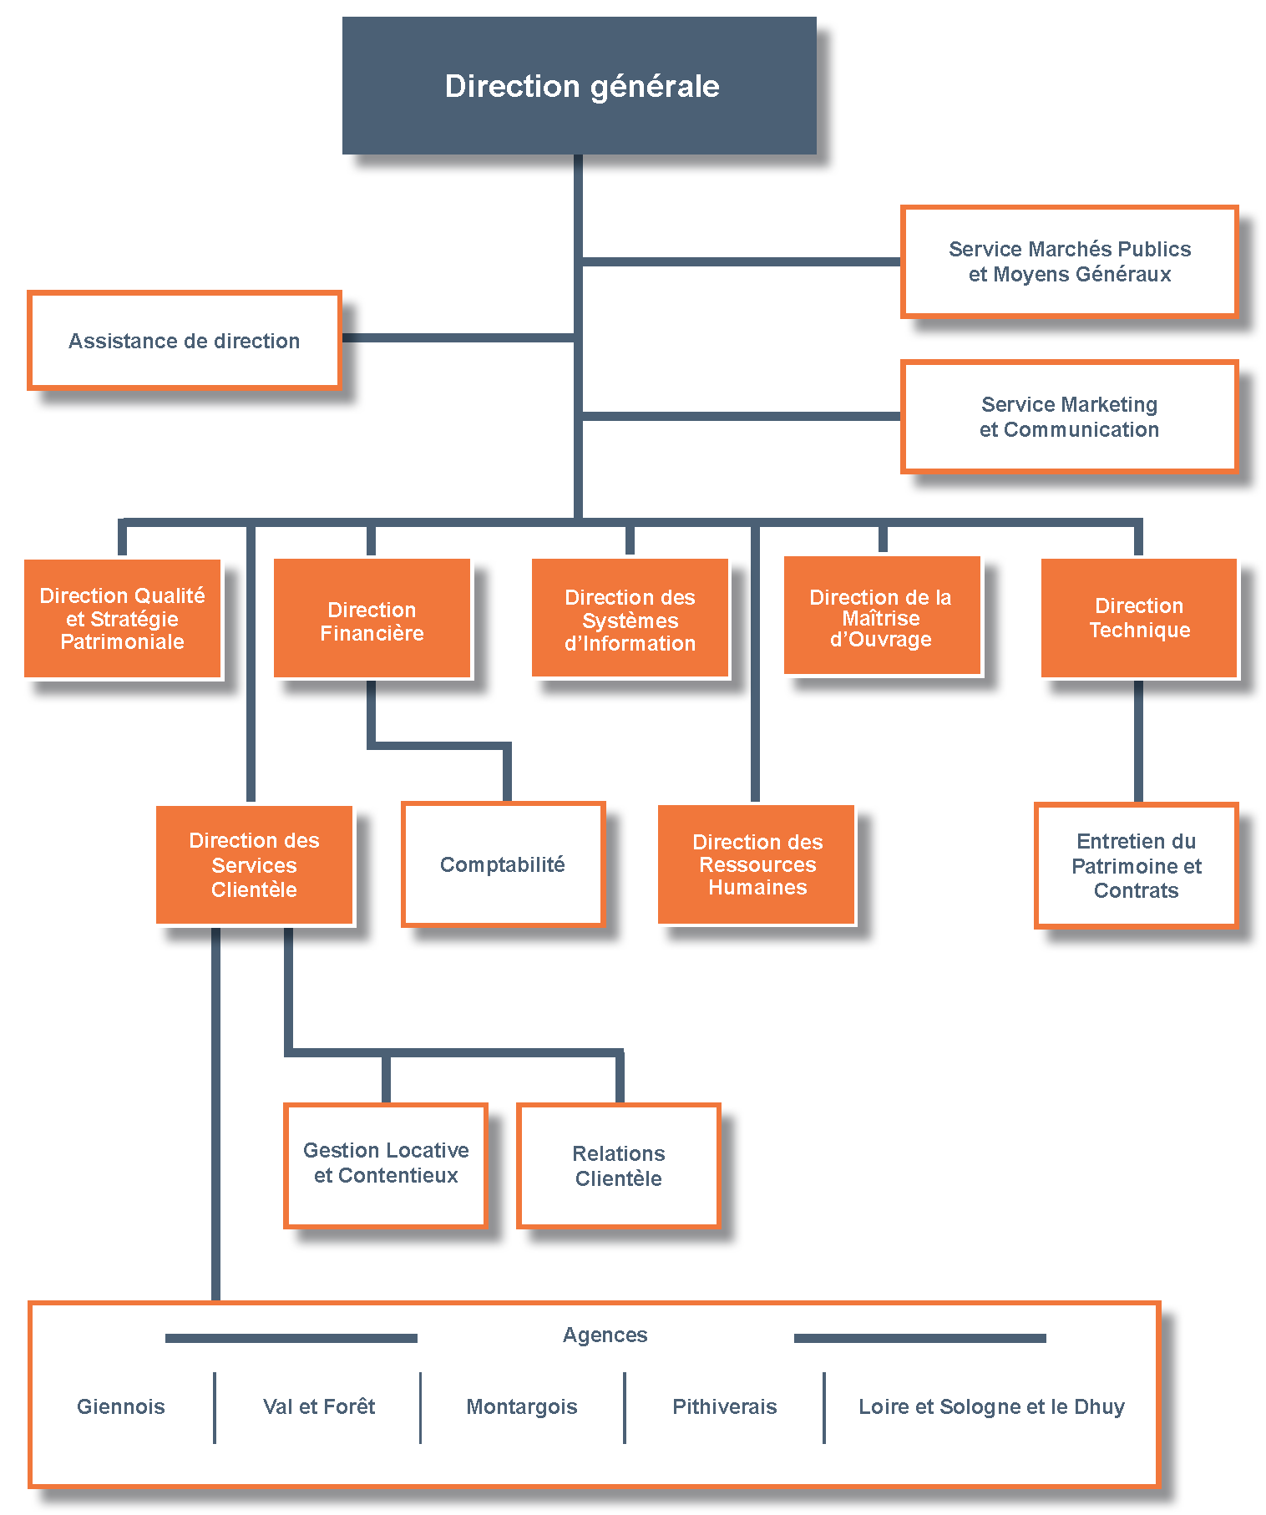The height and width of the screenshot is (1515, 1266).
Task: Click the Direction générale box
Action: (579, 85)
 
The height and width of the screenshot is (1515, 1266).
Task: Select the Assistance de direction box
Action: (185, 340)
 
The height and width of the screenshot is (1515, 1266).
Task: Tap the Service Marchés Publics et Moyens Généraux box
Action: (1069, 261)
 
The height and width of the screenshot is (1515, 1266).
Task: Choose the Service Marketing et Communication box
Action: (1069, 417)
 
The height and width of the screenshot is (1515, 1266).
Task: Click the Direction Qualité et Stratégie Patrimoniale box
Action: (123, 618)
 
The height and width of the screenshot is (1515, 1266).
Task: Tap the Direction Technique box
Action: (1138, 618)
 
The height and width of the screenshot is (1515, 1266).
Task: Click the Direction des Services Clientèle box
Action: (254, 864)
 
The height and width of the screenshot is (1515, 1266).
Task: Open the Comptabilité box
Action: (503, 864)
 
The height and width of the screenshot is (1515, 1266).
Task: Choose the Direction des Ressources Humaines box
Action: (757, 864)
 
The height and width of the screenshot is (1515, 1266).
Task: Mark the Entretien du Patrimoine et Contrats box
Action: (1136, 865)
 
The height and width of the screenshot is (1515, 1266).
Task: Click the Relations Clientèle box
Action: (618, 1165)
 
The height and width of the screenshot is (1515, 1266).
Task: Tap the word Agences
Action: (605, 1335)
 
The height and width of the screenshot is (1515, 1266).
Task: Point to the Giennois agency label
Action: (121, 1406)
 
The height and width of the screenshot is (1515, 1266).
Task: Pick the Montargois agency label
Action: (522, 1406)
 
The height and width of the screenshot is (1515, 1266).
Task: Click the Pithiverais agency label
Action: (724, 1406)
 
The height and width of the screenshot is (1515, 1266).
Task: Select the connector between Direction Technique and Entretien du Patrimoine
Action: (1138, 741)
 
